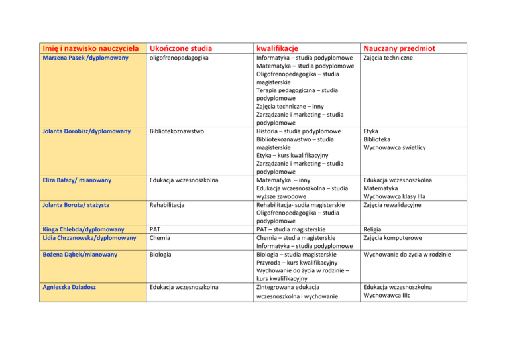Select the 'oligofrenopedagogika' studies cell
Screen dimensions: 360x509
180,59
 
